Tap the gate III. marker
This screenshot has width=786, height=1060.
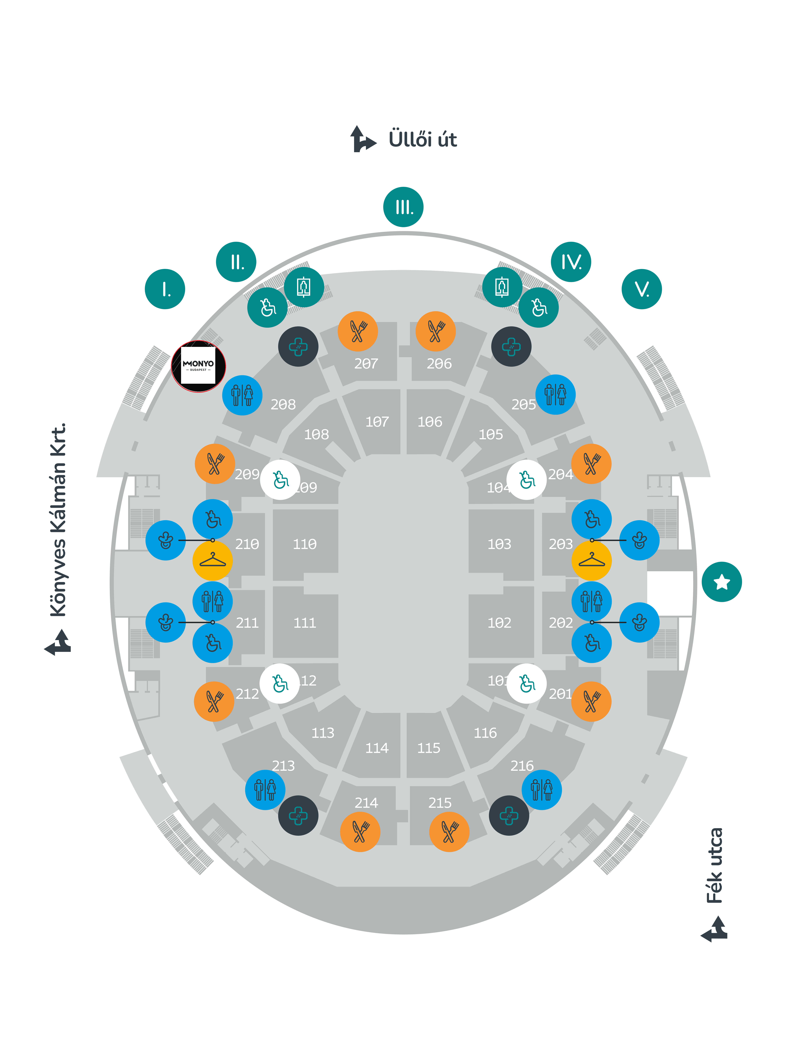coord(403,207)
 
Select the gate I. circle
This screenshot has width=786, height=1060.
coord(165,289)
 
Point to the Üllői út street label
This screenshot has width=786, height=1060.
coord(423,139)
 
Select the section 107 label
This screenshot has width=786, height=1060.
coord(377,422)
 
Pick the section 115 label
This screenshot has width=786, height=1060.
coord(429,748)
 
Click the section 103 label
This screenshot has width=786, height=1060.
coord(499,544)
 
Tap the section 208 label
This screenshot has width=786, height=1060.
coord(283,405)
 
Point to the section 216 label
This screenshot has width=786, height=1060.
coord(522,766)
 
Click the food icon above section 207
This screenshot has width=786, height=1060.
coord(358,331)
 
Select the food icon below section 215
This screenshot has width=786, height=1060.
coord(449,832)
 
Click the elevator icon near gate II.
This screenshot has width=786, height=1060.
coord(304,287)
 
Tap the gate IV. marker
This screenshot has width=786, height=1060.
coord(571,262)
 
